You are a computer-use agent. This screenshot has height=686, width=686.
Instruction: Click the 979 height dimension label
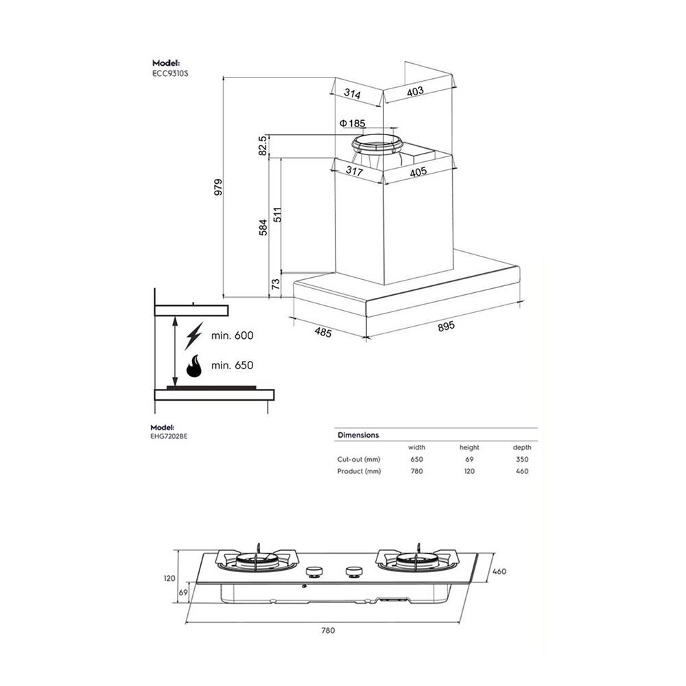[x=218, y=187]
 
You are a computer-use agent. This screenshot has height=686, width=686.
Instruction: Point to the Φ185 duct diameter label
[x=353, y=123]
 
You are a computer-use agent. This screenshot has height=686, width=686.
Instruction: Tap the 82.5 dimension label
[x=262, y=145]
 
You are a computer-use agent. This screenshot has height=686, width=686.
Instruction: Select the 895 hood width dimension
[x=446, y=326]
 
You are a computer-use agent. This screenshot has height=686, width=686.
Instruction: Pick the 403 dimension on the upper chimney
[x=415, y=91]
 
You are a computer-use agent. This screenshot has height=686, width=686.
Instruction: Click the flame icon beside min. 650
[x=194, y=366]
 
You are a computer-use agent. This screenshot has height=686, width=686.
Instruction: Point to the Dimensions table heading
[x=358, y=435]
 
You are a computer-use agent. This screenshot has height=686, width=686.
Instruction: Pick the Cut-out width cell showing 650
[x=416, y=459]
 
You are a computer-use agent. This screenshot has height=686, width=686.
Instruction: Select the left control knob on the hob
[x=315, y=571]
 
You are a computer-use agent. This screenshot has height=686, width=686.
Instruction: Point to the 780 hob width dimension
[x=328, y=630]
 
